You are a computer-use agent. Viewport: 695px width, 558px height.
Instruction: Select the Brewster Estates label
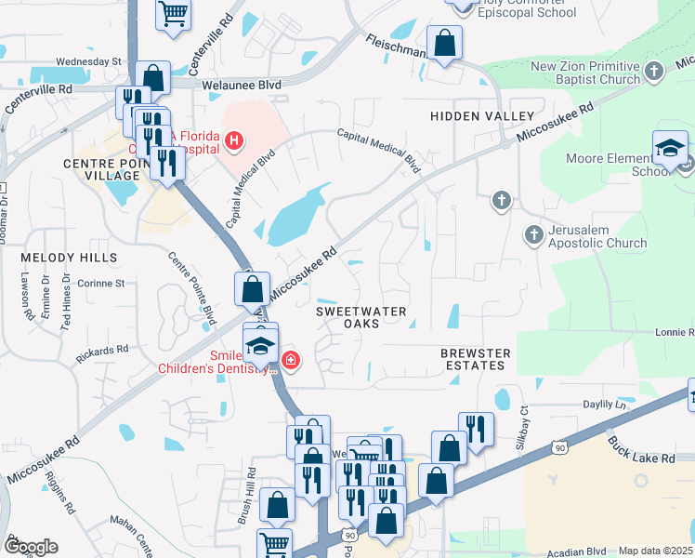click(x=476, y=359)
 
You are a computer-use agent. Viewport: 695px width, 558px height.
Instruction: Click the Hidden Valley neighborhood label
click(x=482, y=116)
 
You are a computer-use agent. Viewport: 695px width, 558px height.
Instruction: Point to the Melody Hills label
click(x=69, y=257)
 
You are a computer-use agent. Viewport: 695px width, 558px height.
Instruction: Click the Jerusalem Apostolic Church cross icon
click(x=534, y=234)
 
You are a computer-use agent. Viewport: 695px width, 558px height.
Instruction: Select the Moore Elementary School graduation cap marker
click(x=670, y=149)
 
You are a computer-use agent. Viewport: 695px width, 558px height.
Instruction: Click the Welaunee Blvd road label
click(x=243, y=83)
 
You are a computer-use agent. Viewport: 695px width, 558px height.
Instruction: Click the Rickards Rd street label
click(x=103, y=353)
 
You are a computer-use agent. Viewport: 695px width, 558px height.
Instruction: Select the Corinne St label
click(x=100, y=283)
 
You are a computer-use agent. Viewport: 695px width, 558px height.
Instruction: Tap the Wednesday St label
click(x=88, y=61)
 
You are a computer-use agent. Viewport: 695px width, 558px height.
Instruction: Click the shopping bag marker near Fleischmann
click(x=445, y=43)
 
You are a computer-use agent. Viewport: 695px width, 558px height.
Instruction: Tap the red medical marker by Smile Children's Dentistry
click(x=291, y=360)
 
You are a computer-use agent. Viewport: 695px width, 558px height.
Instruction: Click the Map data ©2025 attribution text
click(x=655, y=551)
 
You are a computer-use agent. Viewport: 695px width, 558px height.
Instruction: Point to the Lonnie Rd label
click(x=673, y=332)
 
